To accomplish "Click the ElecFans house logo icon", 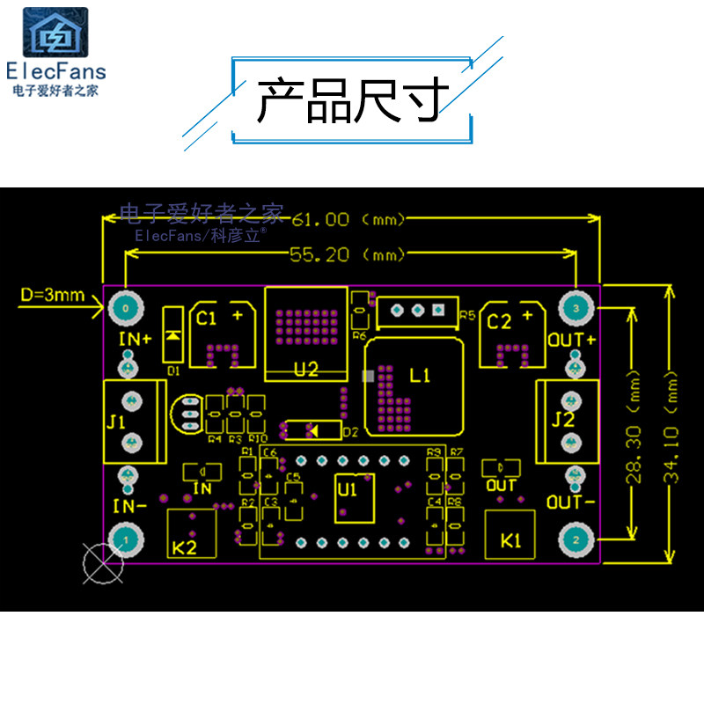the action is click(x=55, y=33).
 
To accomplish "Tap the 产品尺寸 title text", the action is click(x=352, y=101).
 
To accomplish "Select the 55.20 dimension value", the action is click(x=319, y=255).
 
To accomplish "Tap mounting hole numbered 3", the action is click(x=576, y=308).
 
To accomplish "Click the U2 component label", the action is click(x=305, y=370).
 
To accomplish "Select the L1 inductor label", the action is click(x=421, y=376).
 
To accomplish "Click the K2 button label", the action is click(x=185, y=547).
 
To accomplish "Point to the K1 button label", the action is click(x=511, y=541).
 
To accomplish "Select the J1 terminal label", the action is click(x=116, y=422).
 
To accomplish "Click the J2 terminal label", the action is click(x=563, y=419).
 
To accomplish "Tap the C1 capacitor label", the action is click(x=206, y=319).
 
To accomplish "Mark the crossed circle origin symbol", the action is click(x=102, y=563).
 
